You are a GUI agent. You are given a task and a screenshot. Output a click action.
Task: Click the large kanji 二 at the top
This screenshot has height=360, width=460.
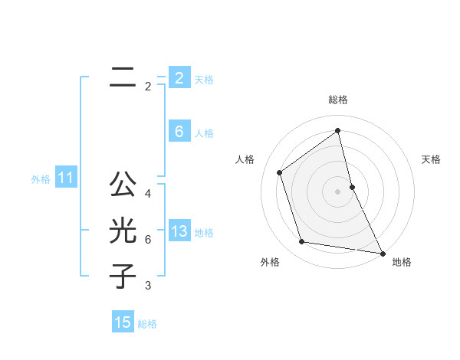[x=122, y=77]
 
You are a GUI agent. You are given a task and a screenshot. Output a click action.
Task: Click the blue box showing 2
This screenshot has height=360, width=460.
[x=179, y=77]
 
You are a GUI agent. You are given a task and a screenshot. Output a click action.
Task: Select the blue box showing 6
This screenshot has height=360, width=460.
[x=179, y=132]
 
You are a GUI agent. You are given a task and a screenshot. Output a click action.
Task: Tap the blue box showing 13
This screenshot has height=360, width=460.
[x=179, y=231]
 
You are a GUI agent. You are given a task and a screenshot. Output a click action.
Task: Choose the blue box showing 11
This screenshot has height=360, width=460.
[x=65, y=178]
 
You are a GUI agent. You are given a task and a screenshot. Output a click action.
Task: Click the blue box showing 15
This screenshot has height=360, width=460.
[x=123, y=322]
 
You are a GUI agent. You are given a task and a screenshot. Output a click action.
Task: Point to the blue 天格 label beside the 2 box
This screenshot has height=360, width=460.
[x=204, y=79]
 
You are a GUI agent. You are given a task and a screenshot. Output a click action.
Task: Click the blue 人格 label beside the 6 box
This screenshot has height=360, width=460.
[x=204, y=133]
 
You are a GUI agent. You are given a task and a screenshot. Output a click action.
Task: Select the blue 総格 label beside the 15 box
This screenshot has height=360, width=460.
[x=147, y=324]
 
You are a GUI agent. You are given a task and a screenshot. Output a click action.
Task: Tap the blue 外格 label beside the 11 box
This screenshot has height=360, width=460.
[x=41, y=180]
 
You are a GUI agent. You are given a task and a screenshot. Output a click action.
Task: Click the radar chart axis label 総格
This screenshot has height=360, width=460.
[x=338, y=100]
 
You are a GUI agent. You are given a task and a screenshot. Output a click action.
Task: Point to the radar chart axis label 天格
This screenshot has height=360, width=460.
[x=432, y=159]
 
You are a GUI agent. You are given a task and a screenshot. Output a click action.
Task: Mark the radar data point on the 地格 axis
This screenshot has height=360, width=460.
[x=382, y=253]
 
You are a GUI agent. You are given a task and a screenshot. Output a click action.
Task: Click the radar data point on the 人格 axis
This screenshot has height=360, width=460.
[x=280, y=172]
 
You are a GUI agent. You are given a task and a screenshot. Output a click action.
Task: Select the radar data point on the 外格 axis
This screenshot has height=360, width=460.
[x=302, y=242]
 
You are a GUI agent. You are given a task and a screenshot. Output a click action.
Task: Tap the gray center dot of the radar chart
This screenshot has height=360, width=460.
[x=338, y=191]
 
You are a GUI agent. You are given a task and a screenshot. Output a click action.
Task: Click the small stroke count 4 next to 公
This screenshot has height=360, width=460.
[x=148, y=194]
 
